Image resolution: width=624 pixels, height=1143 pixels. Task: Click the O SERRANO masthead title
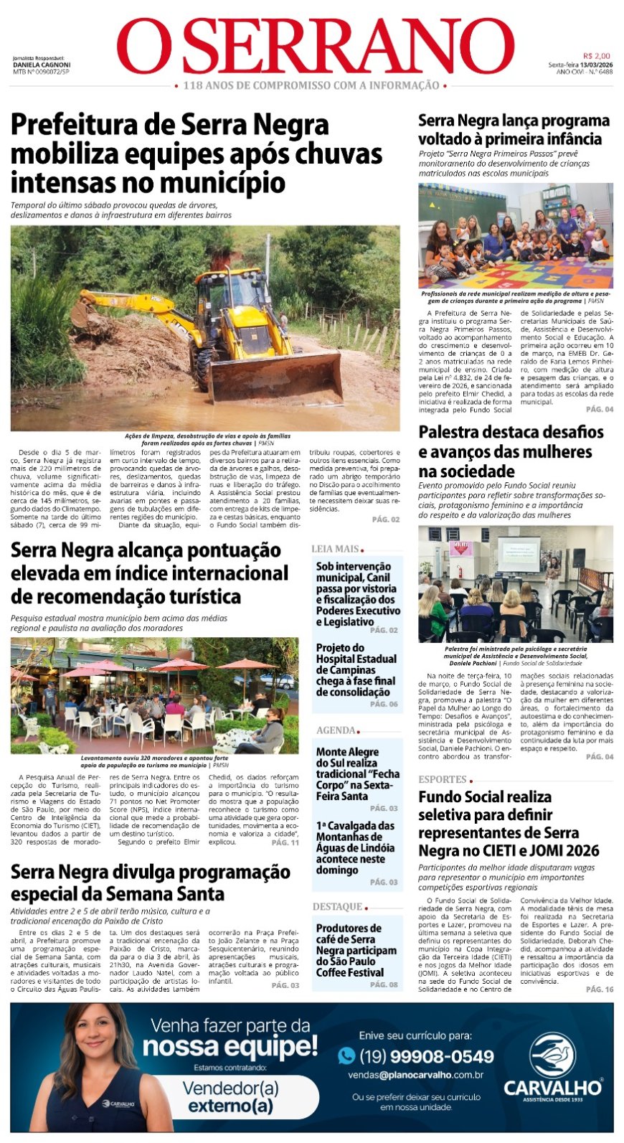click(316, 47)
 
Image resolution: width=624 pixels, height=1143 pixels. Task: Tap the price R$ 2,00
click(596, 56)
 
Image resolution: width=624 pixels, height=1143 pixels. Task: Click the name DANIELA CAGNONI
click(42, 65)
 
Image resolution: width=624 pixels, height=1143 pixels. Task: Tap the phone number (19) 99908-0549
click(426, 1056)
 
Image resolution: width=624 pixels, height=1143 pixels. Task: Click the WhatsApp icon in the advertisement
click(346, 1055)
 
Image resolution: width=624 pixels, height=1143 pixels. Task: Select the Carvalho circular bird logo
click(552, 1055)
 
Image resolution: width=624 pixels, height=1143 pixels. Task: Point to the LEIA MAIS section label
click(335, 549)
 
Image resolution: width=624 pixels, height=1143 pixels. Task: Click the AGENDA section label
click(336, 730)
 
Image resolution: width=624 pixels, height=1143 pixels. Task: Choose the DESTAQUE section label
click(338, 907)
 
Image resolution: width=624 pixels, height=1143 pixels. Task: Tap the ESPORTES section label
click(443, 779)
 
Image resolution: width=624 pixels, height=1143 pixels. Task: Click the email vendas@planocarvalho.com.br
click(415, 1075)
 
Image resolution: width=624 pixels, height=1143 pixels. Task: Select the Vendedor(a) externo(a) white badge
click(230, 1096)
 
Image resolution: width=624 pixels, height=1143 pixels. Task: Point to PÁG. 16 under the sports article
click(600, 989)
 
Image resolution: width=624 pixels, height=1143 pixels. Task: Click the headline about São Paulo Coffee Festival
click(356, 950)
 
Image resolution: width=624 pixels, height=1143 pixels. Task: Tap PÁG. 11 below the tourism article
click(285, 842)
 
